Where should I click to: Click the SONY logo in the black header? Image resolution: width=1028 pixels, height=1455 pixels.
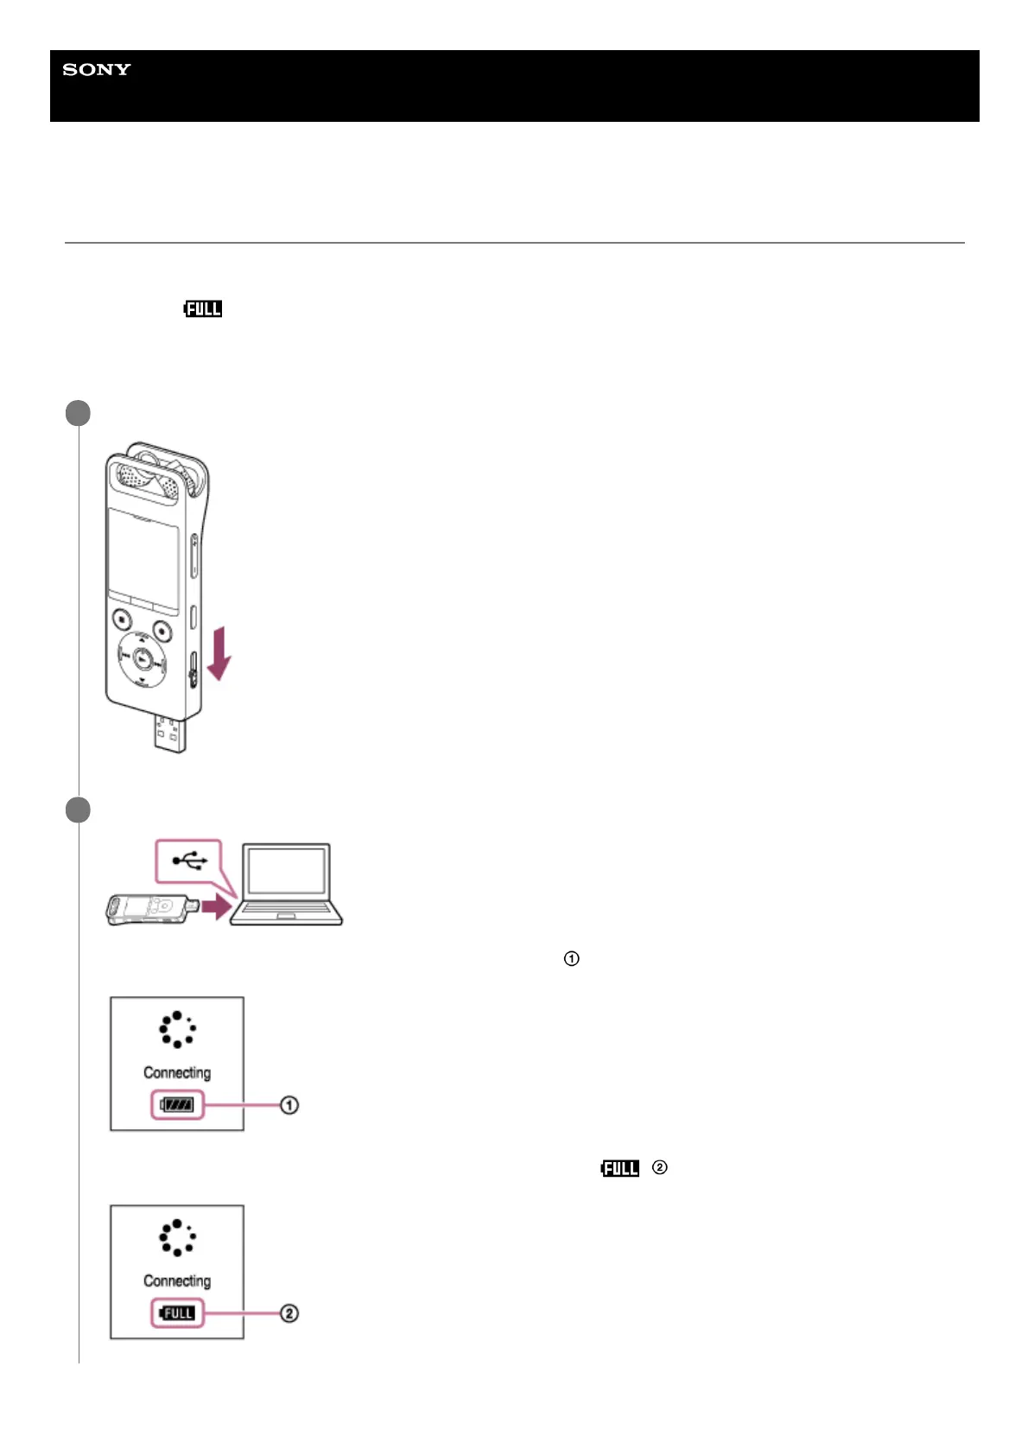(x=97, y=70)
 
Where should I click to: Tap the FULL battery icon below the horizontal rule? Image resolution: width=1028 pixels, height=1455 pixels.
(x=203, y=308)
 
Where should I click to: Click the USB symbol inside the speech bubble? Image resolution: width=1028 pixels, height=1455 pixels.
(x=189, y=861)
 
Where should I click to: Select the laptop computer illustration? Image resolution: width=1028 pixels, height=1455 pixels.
(x=286, y=884)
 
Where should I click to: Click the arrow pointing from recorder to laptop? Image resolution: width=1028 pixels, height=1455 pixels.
(x=218, y=905)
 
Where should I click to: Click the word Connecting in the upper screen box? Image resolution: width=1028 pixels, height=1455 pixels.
(x=177, y=1072)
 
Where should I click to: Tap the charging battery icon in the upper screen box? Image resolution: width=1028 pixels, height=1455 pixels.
(x=177, y=1105)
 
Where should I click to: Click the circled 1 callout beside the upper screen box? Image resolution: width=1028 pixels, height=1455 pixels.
(x=289, y=1105)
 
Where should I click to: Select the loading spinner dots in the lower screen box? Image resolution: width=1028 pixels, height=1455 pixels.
(x=177, y=1237)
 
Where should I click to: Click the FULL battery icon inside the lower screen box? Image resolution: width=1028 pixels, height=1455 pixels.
(x=177, y=1313)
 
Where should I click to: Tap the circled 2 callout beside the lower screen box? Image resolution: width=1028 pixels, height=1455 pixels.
(x=289, y=1313)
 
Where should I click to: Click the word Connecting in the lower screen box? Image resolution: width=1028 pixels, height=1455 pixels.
(x=177, y=1280)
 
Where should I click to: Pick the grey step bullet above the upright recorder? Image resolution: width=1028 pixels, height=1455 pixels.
(x=78, y=413)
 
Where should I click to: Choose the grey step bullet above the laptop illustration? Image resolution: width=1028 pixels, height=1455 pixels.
(x=78, y=810)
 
